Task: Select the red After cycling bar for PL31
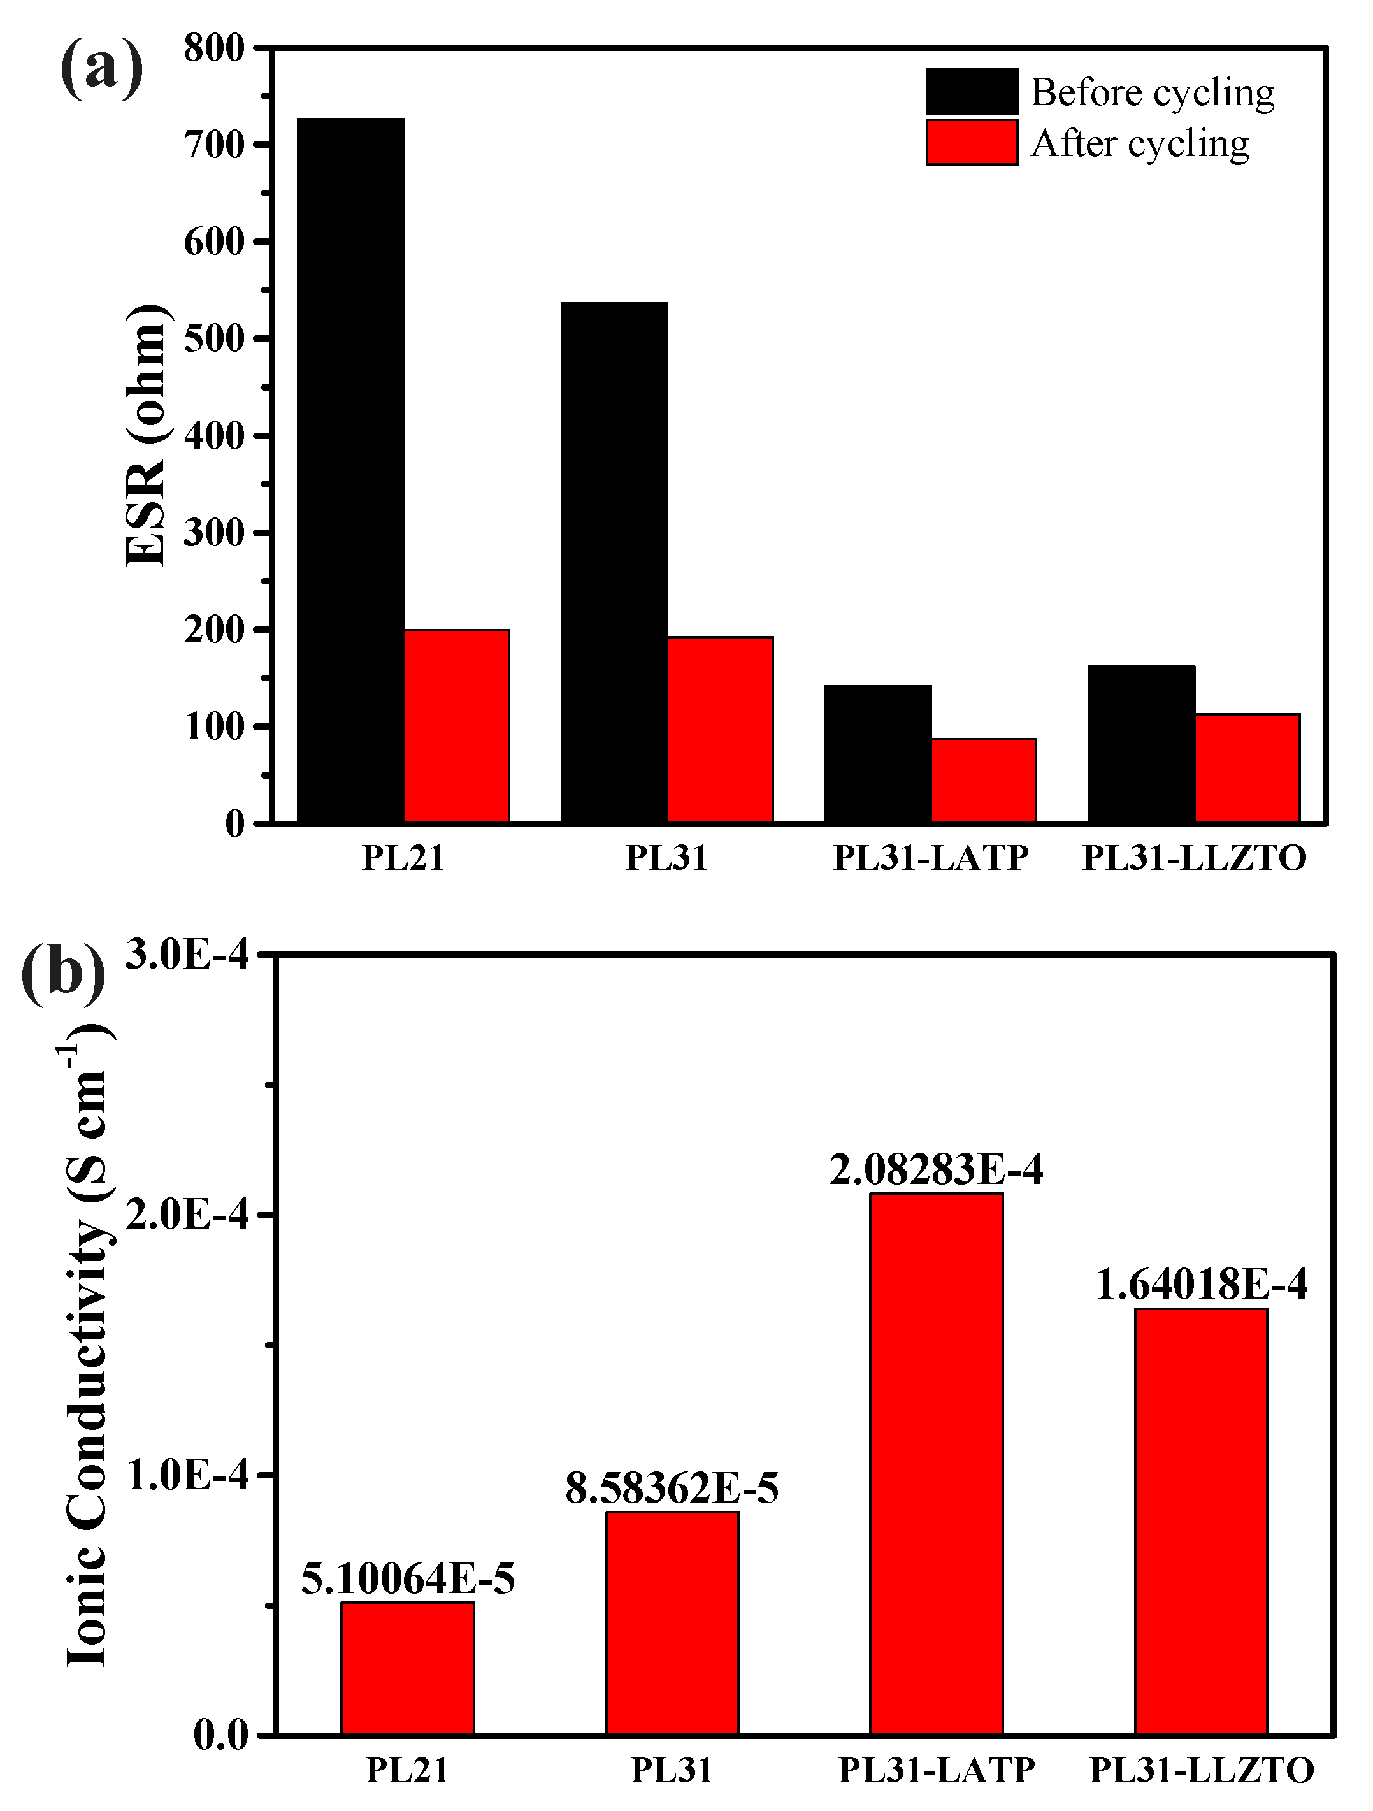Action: point(721,728)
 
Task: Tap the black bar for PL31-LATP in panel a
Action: point(878,753)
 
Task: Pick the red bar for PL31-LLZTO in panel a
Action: point(1247,767)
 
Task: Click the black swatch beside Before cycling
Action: point(972,91)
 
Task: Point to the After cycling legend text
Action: point(1140,143)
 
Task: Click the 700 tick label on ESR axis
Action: point(215,146)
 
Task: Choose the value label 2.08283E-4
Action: point(936,1171)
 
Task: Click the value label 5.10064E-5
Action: point(408,1578)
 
